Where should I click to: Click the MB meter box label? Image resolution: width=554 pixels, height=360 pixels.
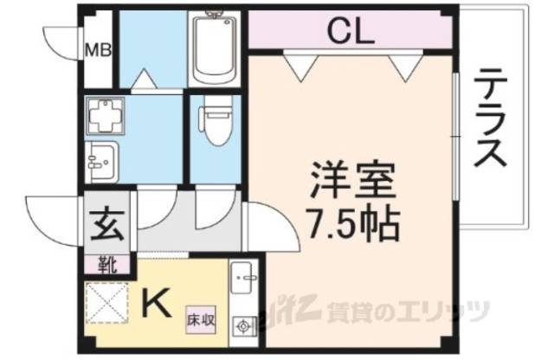coord(96,48)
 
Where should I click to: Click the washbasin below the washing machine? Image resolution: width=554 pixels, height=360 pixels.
coord(101,160)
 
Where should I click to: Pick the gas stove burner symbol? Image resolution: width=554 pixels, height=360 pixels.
coord(243,326)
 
